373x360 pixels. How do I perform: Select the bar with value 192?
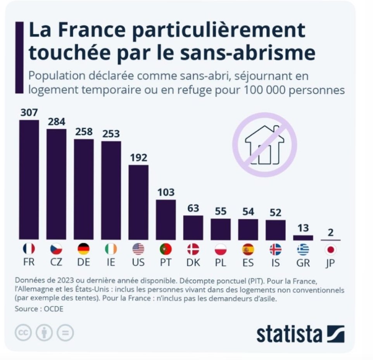138,202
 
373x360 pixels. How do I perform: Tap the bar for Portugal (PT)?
166,220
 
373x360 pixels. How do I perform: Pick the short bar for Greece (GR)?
303,238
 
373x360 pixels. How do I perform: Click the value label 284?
57,122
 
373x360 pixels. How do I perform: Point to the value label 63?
193,208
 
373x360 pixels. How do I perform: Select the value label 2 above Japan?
330,233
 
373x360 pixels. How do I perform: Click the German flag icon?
84,249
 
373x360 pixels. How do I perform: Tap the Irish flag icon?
111,249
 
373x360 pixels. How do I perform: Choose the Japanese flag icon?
330,249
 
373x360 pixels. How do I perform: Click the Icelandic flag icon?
275,249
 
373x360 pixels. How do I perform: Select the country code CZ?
57,262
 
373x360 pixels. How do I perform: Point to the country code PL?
221,262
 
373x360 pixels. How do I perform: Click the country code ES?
248,262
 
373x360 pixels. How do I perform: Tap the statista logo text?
289,334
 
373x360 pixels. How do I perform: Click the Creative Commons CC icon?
23,332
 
